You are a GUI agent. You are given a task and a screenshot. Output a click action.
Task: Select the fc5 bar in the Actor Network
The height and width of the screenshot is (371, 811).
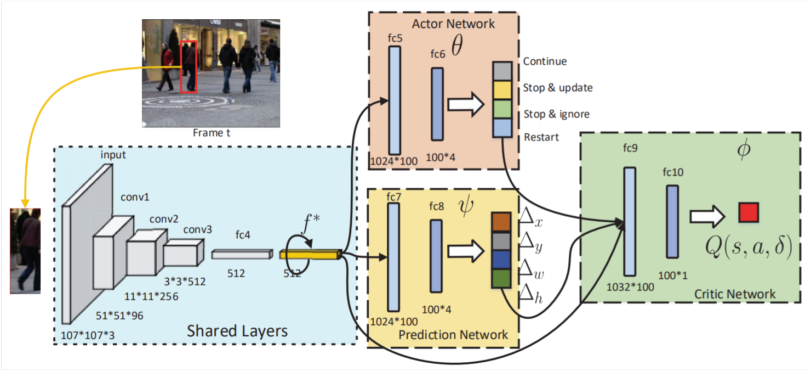[395, 99]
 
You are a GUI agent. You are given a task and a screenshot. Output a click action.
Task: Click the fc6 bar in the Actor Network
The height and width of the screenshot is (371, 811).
[437, 104]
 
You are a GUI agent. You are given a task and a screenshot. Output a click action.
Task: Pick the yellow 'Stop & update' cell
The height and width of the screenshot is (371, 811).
[502, 89]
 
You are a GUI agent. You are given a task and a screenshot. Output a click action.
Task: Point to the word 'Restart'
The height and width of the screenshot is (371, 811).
[541, 137]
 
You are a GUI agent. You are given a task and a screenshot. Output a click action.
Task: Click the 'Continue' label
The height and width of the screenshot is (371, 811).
[545, 61]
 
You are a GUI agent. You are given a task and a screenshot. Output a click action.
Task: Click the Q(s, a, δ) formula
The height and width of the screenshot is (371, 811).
[749, 248]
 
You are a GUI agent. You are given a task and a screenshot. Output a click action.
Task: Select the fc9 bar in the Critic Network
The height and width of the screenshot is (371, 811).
[630, 221]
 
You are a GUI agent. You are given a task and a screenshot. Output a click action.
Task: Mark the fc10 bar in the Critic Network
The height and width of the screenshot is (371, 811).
[672, 221]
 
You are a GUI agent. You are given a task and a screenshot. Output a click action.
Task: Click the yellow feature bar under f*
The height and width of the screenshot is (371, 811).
[310, 254]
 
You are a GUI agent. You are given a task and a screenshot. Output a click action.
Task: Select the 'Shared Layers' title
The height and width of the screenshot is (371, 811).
[237, 330]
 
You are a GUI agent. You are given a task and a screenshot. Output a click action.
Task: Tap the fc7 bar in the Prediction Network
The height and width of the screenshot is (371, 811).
[393, 257]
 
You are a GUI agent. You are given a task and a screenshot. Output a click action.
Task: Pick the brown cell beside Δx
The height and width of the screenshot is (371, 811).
[501, 222]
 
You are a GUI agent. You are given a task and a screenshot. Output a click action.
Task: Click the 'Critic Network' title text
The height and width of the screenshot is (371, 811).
[735, 294]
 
